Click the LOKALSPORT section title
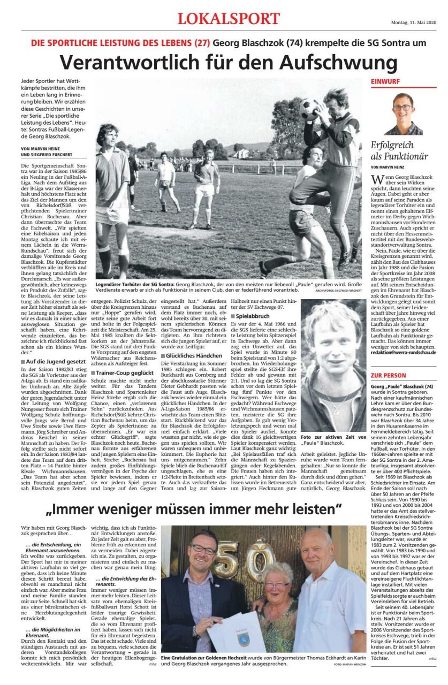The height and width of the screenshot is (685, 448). click(x=229, y=19)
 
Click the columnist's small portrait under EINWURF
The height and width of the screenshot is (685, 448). click(x=403, y=114)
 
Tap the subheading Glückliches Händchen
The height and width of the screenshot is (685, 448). click(x=187, y=355)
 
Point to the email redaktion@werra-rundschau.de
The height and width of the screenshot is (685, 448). click(x=403, y=353)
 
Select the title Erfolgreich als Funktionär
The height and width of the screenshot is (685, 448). click(x=399, y=150)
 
